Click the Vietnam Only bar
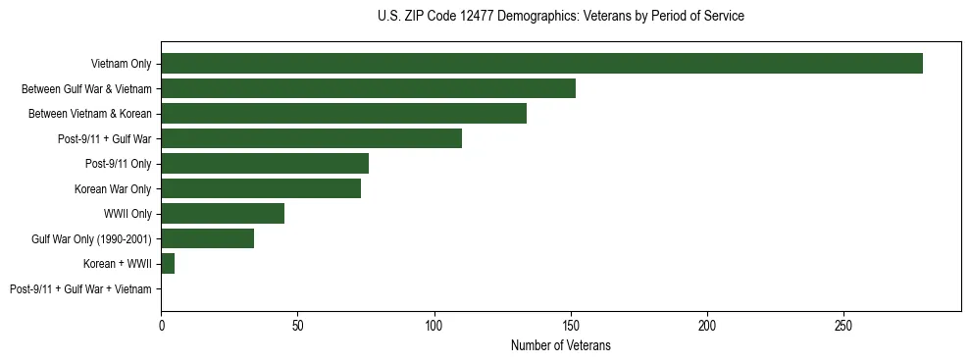(x=541, y=64)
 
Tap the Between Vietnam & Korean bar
(x=343, y=114)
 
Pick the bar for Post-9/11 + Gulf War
(x=311, y=138)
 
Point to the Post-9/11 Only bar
(x=265, y=164)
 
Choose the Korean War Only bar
(x=261, y=188)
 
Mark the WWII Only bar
(x=223, y=214)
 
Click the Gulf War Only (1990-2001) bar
(x=207, y=238)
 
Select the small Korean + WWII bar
(x=168, y=264)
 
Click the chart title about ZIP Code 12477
(x=560, y=17)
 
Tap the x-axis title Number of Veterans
(x=560, y=346)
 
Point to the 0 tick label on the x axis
(x=161, y=325)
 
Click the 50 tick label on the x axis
(x=297, y=325)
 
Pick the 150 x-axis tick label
(x=571, y=325)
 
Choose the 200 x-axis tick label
(x=707, y=325)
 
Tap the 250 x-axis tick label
(x=843, y=325)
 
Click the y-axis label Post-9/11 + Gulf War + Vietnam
(x=80, y=289)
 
